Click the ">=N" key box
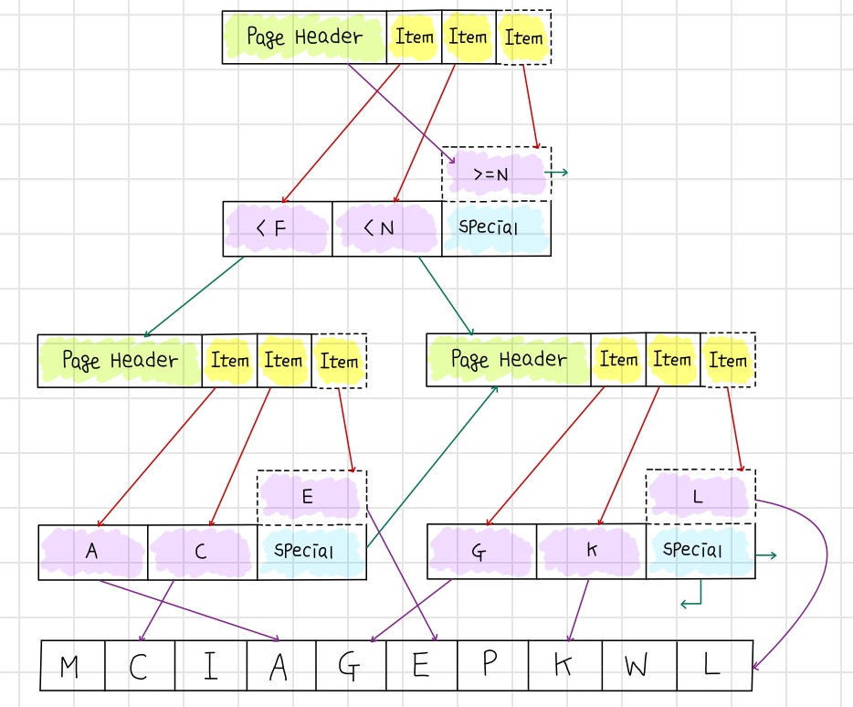[x=496, y=174]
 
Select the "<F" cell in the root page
[x=277, y=228]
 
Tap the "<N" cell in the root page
[x=386, y=228]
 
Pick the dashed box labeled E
[x=311, y=497]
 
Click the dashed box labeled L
[x=700, y=497]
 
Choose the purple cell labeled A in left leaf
[x=92, y=552]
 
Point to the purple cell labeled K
[x=591, y=552]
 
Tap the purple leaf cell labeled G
[x=481, y=552]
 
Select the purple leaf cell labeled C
[x=202, y=552]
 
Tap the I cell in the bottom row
[x=211, y=666]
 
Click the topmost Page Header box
[x=304, y=37]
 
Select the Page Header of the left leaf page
[x=120, y=360]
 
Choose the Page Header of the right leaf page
[x=509, y=360]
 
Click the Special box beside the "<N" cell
[x=496, y=228]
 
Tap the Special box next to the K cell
[x=700, y=552]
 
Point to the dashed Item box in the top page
[x=524, y=37]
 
